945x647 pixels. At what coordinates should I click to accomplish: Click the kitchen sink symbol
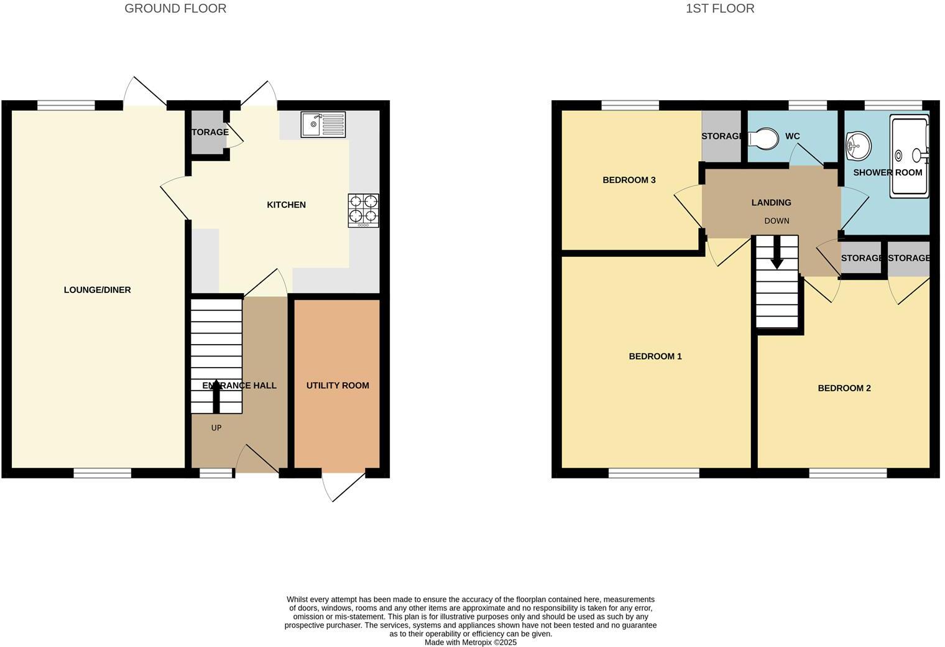(323, 124)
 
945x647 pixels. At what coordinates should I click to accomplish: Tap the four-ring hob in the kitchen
(363, 210)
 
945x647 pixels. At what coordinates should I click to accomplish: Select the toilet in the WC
(763, 138)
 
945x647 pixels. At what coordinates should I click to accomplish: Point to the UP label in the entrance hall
(216, 428)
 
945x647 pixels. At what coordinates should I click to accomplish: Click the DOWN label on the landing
(777, 221)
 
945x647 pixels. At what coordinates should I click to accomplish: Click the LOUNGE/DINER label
(98, 290)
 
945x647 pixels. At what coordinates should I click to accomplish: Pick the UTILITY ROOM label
(338, 386)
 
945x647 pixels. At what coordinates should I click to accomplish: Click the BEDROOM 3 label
(629, 180)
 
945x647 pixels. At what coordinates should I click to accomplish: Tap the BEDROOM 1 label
(655, 356)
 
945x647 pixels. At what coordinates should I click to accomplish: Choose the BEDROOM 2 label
(844, 388)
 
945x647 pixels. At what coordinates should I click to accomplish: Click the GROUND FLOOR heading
(175, 9)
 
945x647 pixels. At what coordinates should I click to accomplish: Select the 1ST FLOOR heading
(720, 9)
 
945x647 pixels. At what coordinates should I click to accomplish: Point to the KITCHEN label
(286, 205)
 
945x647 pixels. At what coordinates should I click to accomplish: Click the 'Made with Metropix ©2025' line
(471, 642)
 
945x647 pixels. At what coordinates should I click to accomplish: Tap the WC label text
(792, 136)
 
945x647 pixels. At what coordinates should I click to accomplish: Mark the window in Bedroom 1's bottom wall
(653, 473)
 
